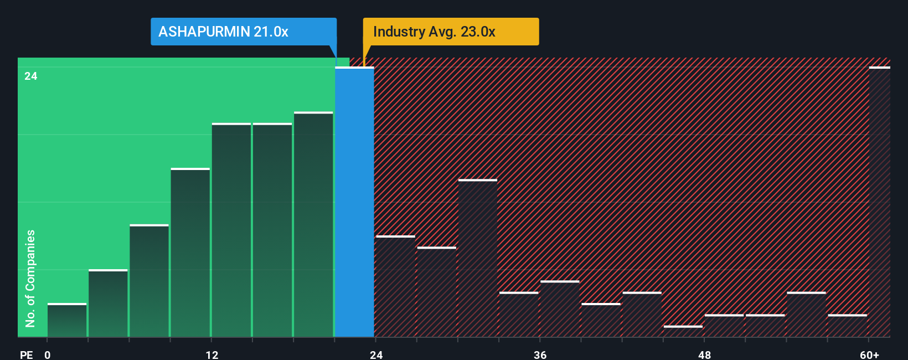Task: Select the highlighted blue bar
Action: (x=354, y=202)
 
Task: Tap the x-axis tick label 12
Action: (x=212, y=354)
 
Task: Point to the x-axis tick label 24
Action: (x=376, y=354)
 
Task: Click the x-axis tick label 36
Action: (x=540, y=354)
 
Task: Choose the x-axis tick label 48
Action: (x=704, y=354)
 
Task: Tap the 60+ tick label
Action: (x=869, y=354)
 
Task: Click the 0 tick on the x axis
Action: (x=48, y=354)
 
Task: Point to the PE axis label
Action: (x=26, y=354)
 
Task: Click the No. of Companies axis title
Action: (x=30, y=278)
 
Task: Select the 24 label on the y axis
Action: (x=31, y=76)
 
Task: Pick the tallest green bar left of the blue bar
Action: (x=313, y=224)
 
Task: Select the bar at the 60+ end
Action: (x=879, y=202)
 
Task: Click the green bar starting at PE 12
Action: (x=231, y=230)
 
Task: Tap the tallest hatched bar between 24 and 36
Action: (x=478, y=258)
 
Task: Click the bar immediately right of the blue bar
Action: (x=395, y=286)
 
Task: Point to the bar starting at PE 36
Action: (x=560, y=309)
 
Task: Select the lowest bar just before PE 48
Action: (x=683, y=331)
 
